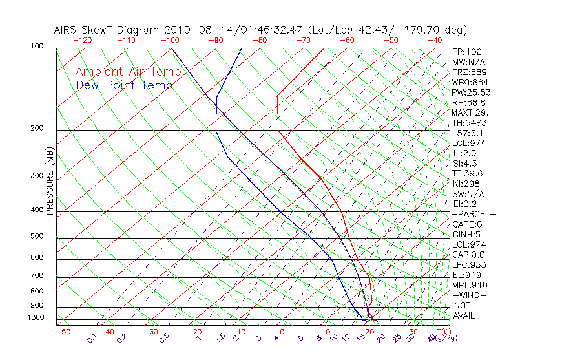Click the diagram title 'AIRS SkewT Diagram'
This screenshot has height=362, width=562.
coord(107,30)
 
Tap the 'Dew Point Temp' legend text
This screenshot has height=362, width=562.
coord(124,85)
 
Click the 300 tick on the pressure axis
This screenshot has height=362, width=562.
coord(37,176)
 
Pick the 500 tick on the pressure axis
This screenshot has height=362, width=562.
coord(37,236)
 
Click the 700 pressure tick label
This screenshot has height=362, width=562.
coord(37,277)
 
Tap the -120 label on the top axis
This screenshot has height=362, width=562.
coord(83,40)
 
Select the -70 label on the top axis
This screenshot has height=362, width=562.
coord(303,40)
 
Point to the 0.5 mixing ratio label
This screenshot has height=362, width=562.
coord(164,337)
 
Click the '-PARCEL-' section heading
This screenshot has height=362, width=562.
coord(474,214)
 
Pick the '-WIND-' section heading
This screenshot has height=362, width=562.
coord(469,295)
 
